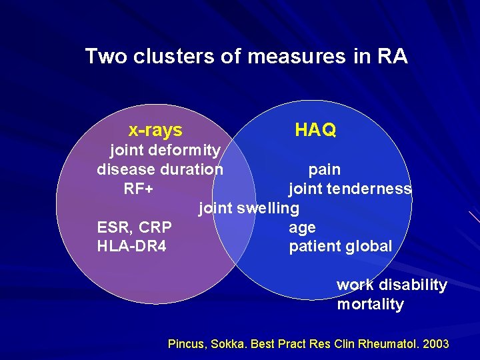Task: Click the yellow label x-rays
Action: [x=155, y=130]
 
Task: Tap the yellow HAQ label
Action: [x=315, y=130]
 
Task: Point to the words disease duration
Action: [x=160, y=169]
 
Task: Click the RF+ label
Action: [x=139, y=189]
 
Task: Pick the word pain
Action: [x=324, y=169]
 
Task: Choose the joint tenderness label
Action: [x=350, y=189]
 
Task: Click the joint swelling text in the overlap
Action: [x=249, y=208]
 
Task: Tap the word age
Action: [x=302, y=227]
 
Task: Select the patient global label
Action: [x=341, y=247]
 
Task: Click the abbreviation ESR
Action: [x=113, y=227]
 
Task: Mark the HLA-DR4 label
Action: [x=132, y=247]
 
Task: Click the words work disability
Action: [x=392, y=285]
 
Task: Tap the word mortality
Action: [x=370, y=305]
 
